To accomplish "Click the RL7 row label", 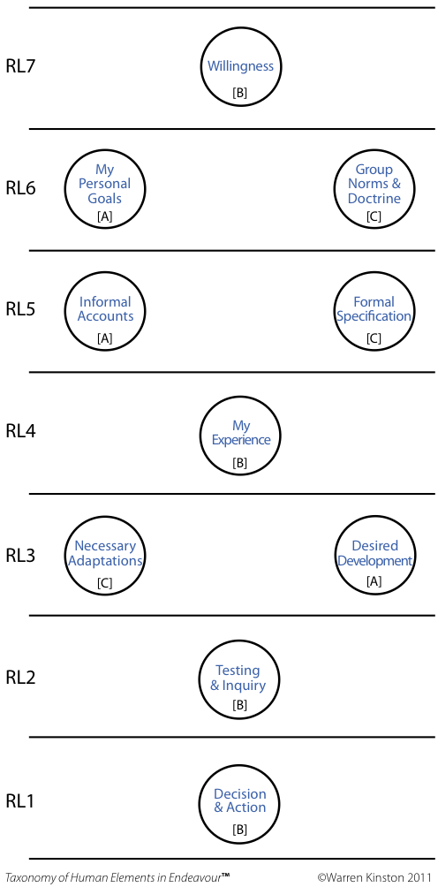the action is (x=20, y=67).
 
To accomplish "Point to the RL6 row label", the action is (x=20, y=188).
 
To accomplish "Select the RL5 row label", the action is (x=20, y=309).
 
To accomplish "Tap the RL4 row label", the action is (x=20, y=432).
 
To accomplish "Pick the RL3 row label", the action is (x=20, y=555).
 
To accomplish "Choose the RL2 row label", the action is (x=20, y=677).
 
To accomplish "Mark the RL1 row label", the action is (x=20, y=800).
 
